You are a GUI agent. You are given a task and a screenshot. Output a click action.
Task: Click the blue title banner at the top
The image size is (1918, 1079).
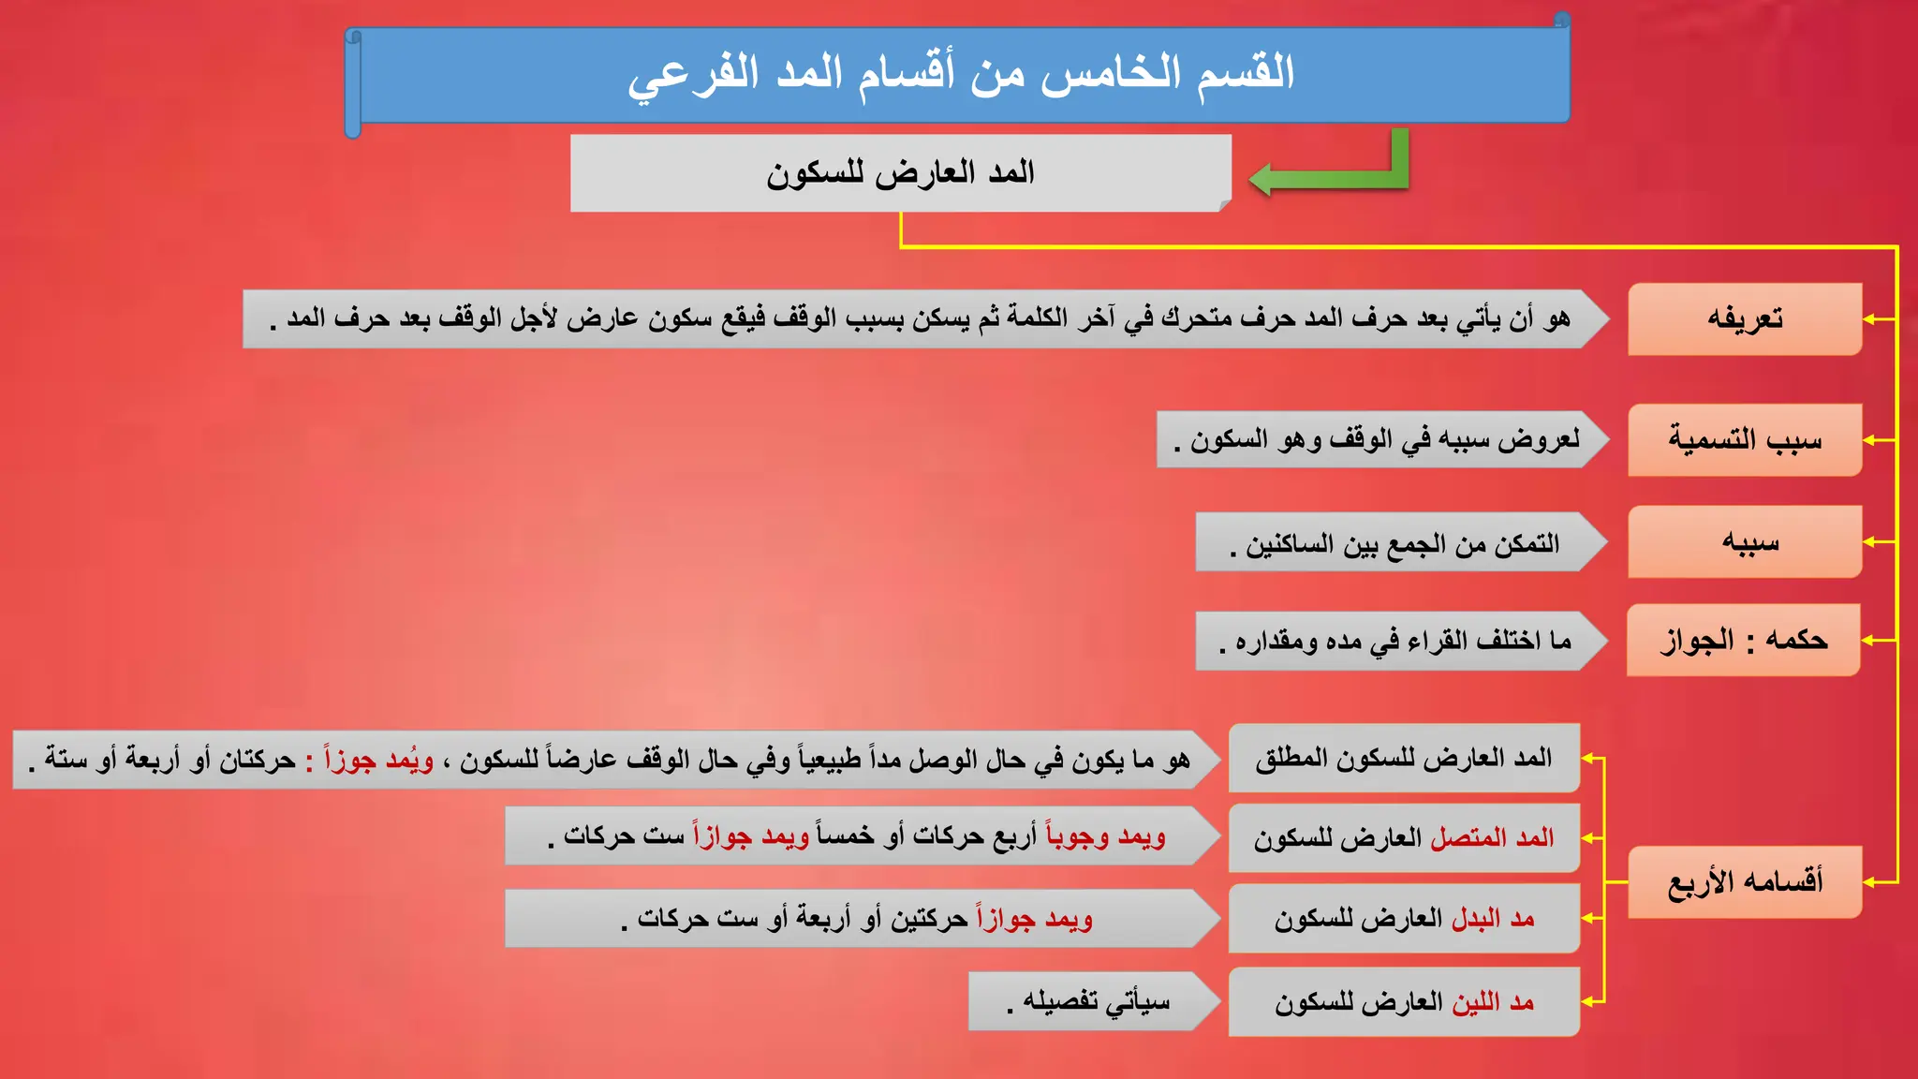tap(960, 75)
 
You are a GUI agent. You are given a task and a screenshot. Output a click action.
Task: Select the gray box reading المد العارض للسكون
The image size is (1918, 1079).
tap(899, 173)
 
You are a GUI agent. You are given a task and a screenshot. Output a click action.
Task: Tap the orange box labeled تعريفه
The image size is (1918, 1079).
tap(1744, 319)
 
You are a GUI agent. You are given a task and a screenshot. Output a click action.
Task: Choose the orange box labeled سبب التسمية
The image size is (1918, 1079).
tap(1744, 440)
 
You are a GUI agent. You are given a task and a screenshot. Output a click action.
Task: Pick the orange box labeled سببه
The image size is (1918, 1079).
tap(1744, 542)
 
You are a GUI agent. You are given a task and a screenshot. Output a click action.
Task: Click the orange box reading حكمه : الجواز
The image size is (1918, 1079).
tap(1743, 641)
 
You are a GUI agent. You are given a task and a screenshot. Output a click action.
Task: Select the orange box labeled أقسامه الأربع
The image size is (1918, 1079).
tap(1744, 882)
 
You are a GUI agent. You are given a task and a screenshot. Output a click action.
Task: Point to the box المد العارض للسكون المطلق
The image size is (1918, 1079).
tap(1403, 758)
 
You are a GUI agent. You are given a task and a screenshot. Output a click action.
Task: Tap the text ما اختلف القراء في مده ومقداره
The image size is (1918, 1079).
tap(1395, 642)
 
